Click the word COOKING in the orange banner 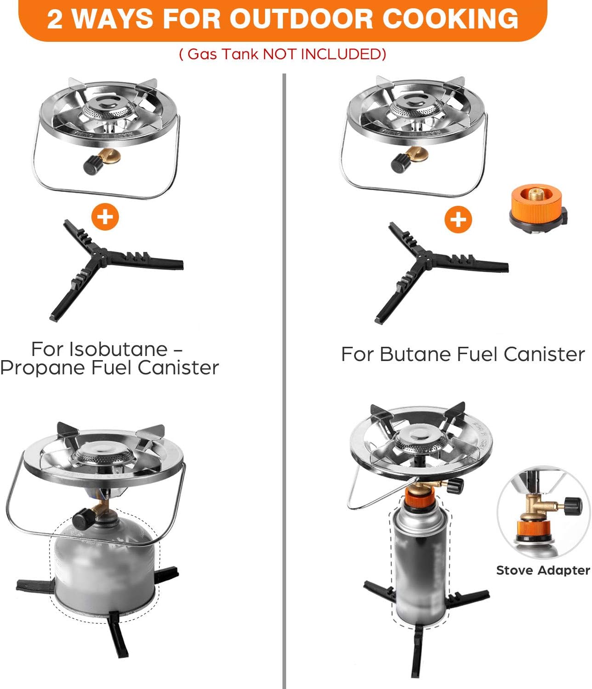pos(450,19)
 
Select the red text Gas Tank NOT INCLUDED pos(282,54)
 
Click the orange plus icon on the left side pos(105,216)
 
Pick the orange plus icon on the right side pos(457,219)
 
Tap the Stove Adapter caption pos(543,570)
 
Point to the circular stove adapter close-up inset pos(543,512)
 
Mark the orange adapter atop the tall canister pos(419,497)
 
